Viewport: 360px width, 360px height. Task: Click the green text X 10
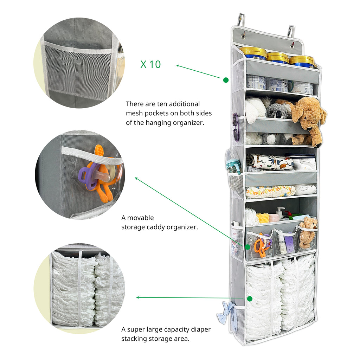tap(150, 65)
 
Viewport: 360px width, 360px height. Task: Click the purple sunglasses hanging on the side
tap(235, 127)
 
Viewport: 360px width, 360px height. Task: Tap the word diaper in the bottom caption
tap(201, 329)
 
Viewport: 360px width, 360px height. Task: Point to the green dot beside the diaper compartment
tap(250, 299)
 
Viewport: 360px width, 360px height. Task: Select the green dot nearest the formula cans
tap(226, 80)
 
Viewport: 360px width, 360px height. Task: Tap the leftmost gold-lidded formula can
tap(253, 53)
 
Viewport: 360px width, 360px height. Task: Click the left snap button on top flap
tap(243, 36)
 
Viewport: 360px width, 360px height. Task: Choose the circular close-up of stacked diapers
tap(79, 289)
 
